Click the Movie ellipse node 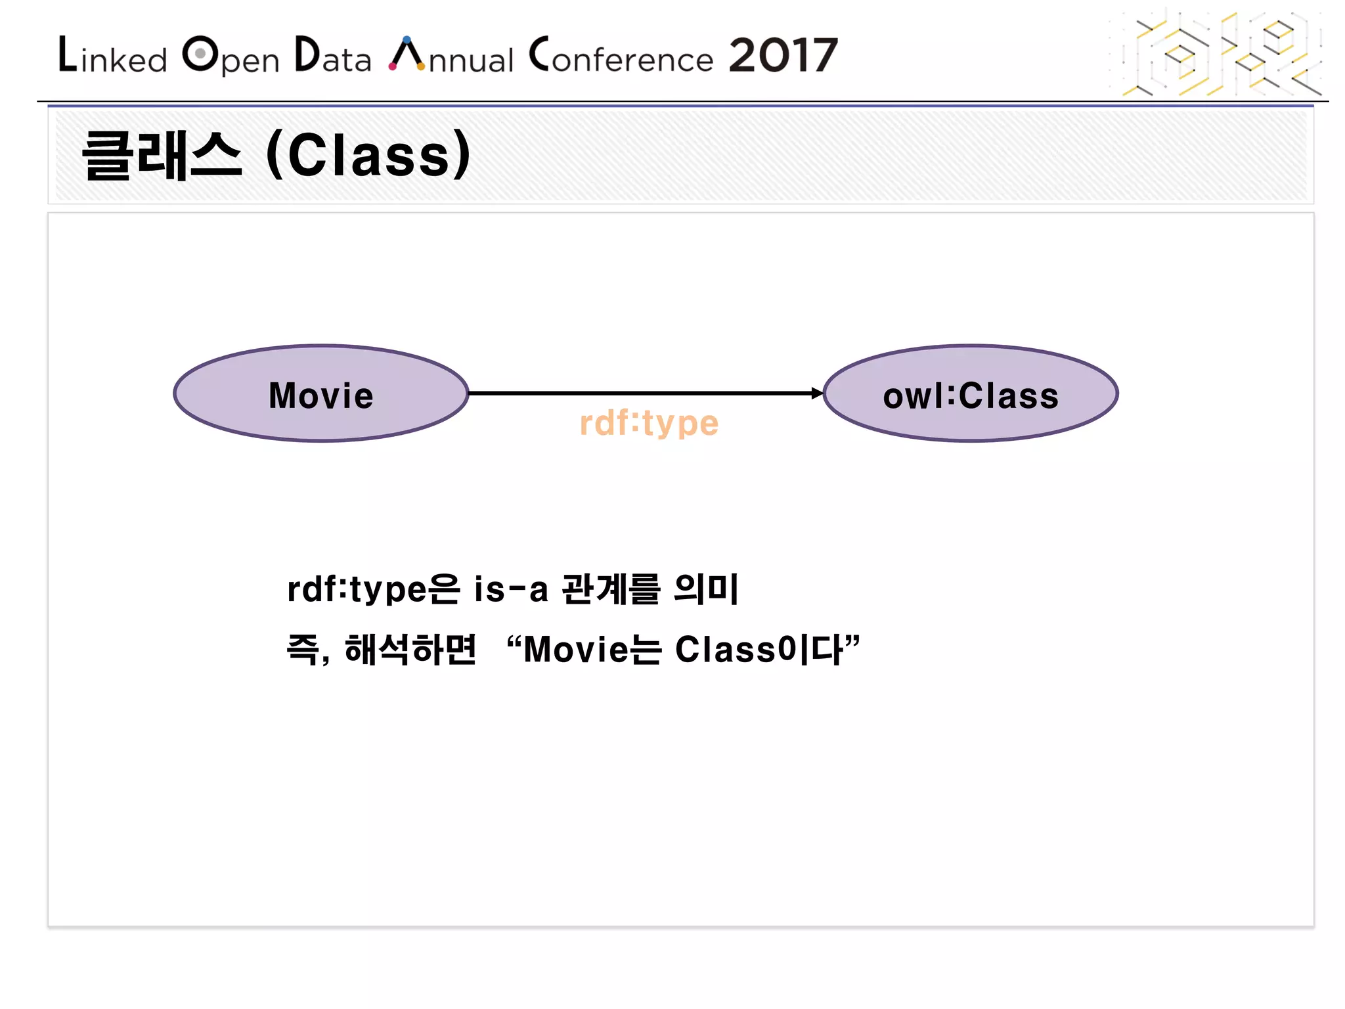(x=320, y=394)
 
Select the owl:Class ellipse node (x=970, y=394)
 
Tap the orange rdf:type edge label (x=649, y=423)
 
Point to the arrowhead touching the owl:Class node (x=816, y=393)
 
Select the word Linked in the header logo (x=113, y=56)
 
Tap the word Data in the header (x=333, y=56)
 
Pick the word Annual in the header (x=452, y=56)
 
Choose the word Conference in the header (x=621, y=56)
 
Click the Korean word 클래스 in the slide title (x=162, y=156)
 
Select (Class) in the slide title (x=368, y=156)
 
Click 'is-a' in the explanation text (x=510, y=589)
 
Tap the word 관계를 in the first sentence (x=611, y=589)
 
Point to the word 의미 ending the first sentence (x=707, y=589)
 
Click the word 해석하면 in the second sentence (x=410, y=650)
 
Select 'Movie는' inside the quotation (x=592, y=650)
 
